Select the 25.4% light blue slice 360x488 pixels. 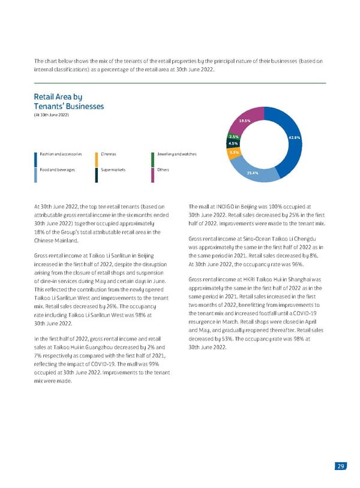point(253,173)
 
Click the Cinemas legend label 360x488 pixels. point(109,154)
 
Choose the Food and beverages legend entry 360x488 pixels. point(57,170)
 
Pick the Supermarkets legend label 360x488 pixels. point(113,170)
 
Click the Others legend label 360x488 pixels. point(163,170)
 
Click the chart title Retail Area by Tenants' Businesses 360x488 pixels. point(69,101)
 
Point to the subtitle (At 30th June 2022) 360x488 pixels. point(51,115)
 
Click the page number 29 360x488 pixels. point(340,467)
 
